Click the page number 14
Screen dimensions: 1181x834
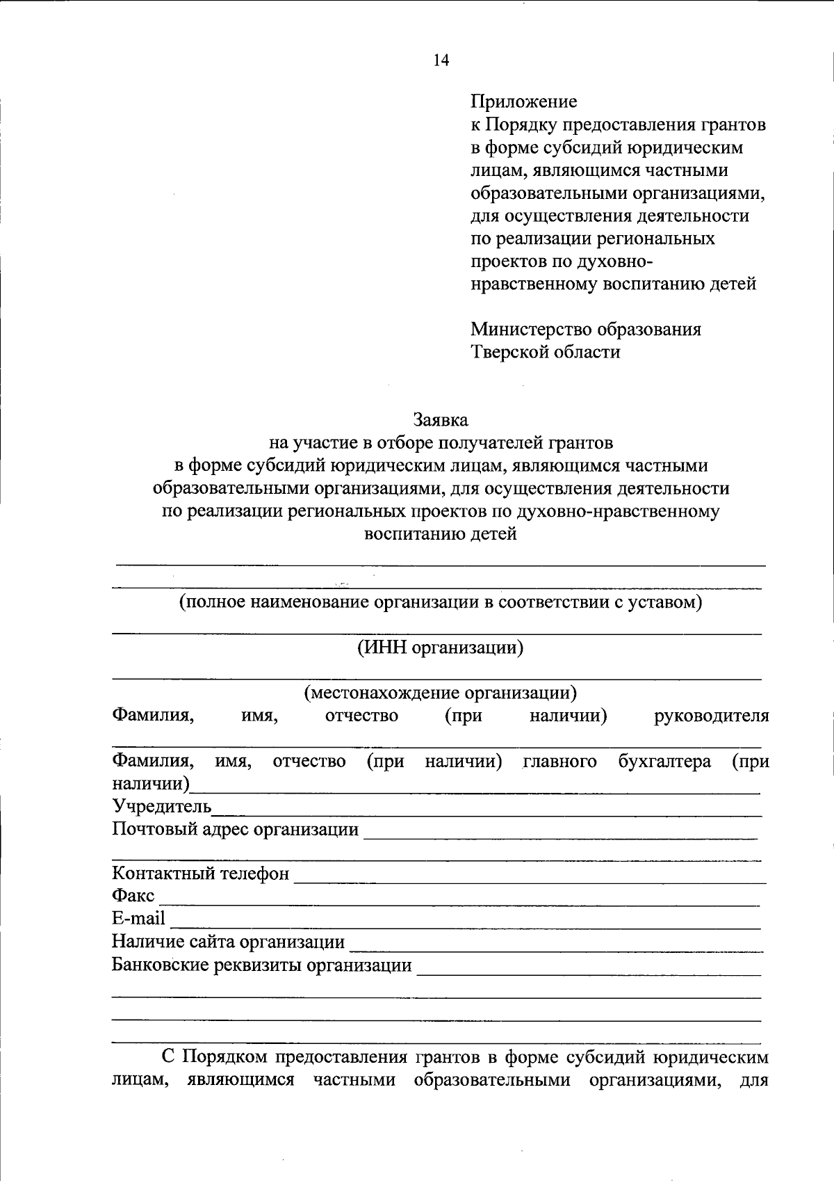point(441,61)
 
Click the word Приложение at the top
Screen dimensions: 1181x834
point(524,102)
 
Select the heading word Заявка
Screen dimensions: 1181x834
point(441,420)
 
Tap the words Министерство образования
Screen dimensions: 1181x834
point(586,329)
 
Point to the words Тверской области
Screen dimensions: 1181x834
point(546,352)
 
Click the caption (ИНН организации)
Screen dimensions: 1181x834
point(440,648)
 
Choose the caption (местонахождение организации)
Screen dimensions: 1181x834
point(440,693)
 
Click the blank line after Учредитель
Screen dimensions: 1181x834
point(486,814)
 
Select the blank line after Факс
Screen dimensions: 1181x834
point(459,904)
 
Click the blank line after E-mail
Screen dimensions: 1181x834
point(466,927)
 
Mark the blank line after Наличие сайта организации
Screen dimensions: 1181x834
point(556,949)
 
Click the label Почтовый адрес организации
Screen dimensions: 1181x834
point(236,830)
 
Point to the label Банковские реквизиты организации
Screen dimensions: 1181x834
point(262,966)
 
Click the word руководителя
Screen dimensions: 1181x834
point(712,716)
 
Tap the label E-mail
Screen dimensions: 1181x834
point(139,919)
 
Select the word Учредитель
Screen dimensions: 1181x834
point(161,807)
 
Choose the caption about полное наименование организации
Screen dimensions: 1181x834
point(441,602)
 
